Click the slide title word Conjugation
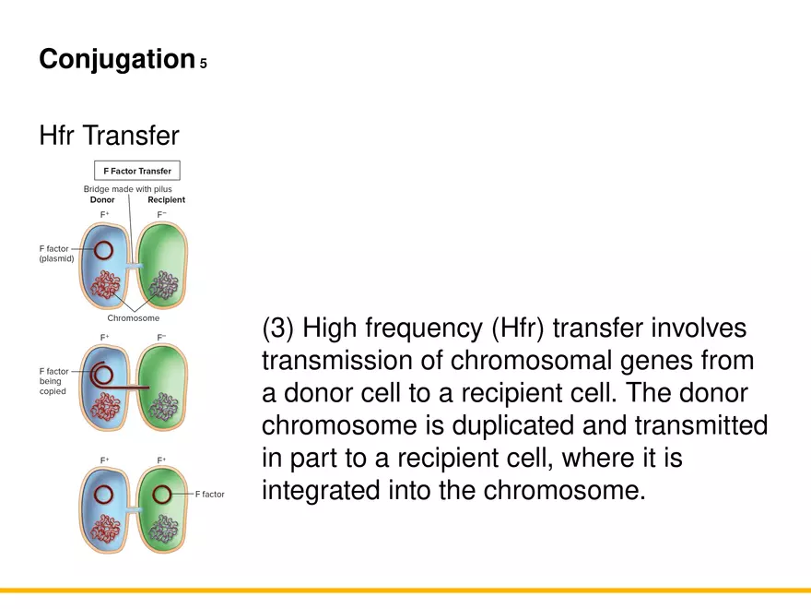115,60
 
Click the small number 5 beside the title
204,64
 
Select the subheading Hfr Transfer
109,136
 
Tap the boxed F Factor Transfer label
136,171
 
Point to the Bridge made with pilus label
127,189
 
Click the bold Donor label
102,200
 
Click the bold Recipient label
166,200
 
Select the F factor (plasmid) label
55,254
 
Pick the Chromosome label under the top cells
134,318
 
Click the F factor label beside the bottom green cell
209,495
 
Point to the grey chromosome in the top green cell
165,283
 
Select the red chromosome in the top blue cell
108,284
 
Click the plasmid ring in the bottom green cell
163,494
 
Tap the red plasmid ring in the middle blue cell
104,376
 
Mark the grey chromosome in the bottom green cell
165,527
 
